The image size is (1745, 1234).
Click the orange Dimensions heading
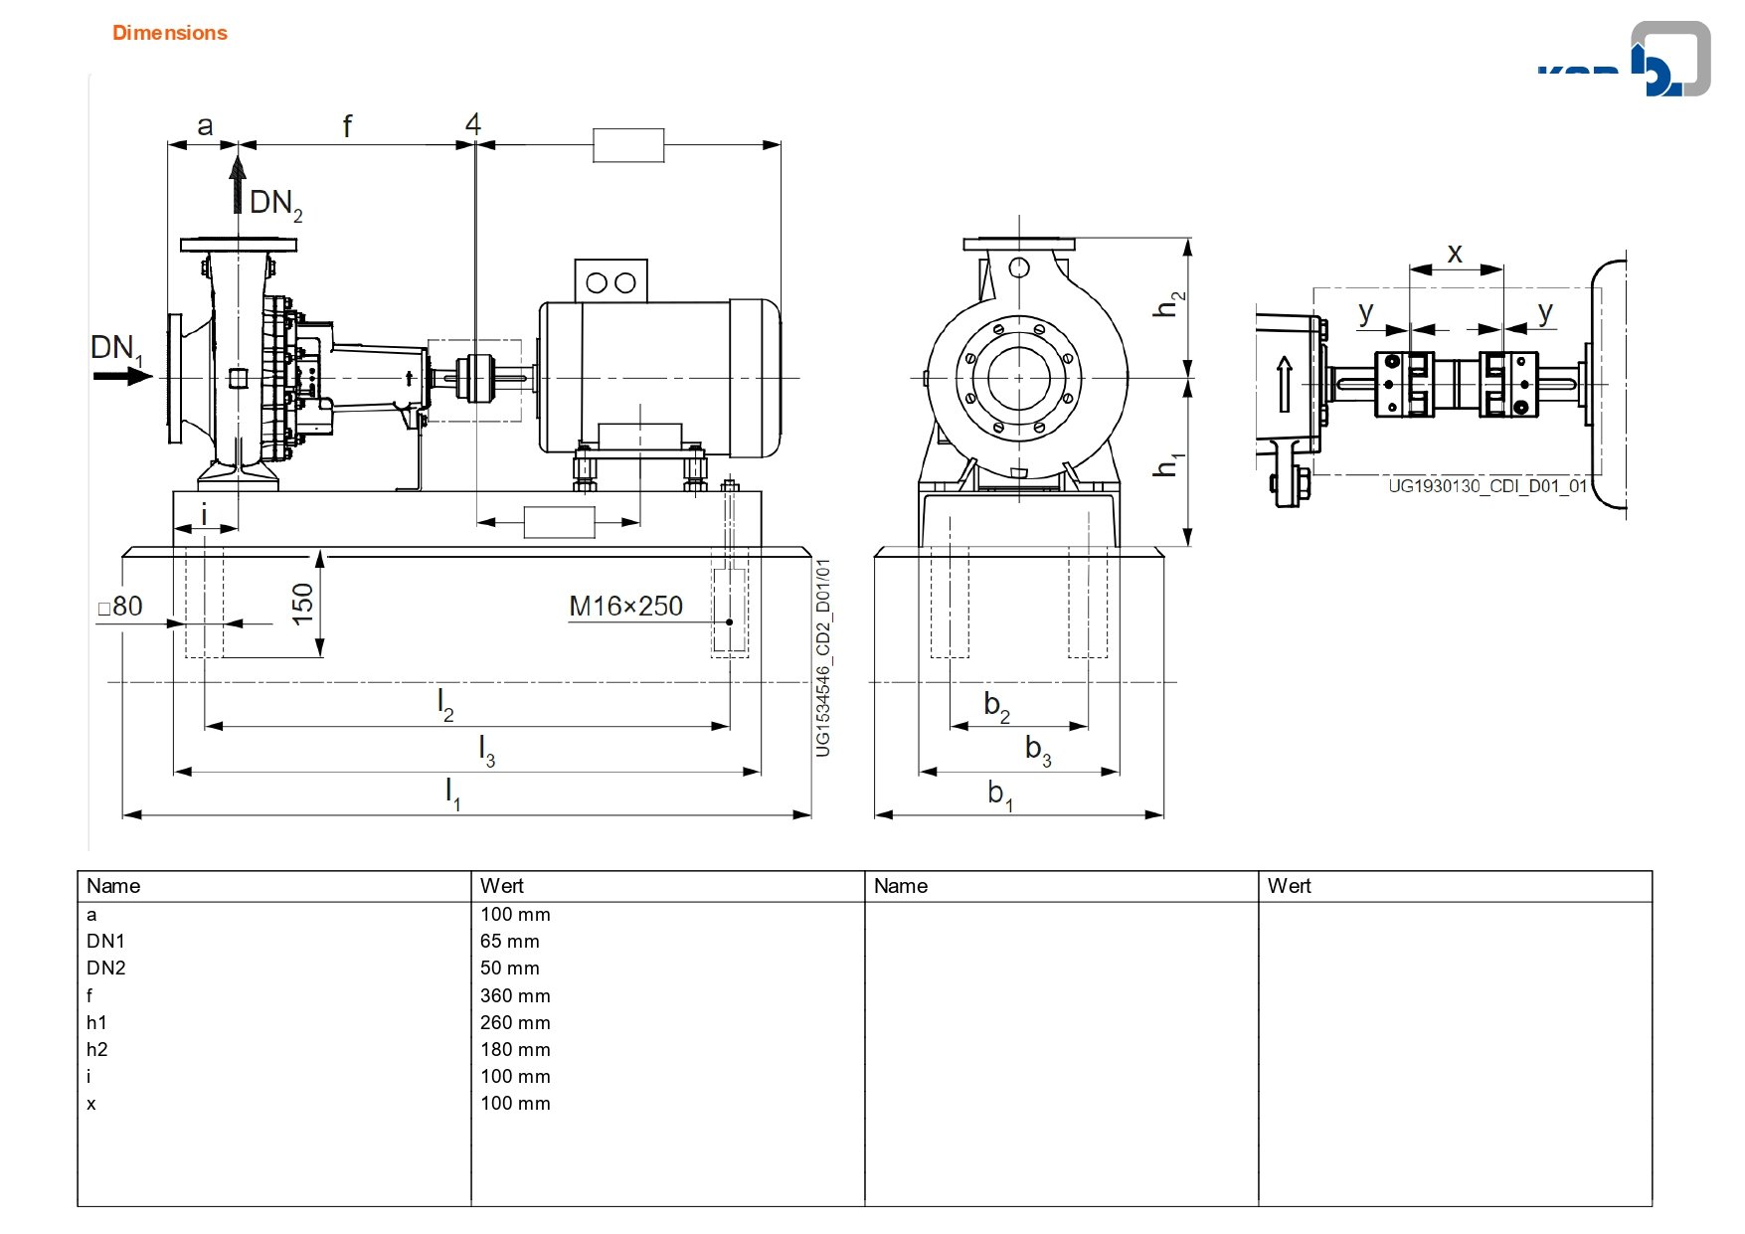coord(170,33)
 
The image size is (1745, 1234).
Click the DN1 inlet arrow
coord(123,376)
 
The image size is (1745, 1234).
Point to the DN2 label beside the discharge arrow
coord(276,204)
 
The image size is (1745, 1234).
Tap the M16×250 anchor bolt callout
coord(625,606)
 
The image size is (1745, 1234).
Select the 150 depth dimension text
coord(302,604)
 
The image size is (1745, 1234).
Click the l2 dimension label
coord(445,705)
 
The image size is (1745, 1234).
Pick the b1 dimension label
coord(1000,794)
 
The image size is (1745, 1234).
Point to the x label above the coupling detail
coord(1455,254)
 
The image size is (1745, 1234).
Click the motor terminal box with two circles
coord(611,281)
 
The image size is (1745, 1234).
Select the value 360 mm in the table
coord(515,995)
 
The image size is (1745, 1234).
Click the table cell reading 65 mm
coord(510,941)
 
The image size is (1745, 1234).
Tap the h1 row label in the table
coord(96,1022)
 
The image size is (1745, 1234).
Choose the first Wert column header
coord(502,886)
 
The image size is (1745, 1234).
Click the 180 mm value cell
coord(515,1049)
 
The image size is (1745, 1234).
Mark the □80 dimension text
coord(120,606)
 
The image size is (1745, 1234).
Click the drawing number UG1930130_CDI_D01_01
coord(1487,486)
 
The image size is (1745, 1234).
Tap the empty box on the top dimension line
coord(628,145)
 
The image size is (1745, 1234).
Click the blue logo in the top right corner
coord(1625,61)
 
